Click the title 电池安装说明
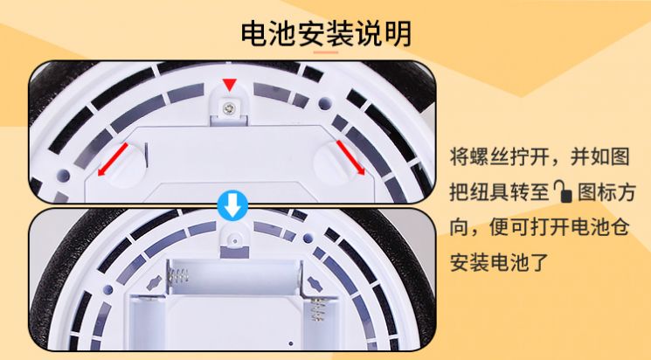326,33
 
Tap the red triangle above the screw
229,84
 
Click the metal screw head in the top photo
228,109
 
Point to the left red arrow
113,159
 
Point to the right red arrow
350,157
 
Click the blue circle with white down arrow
233,205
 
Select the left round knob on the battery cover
125,165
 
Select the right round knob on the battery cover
336,163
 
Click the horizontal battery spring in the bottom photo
177,276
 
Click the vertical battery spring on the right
317,310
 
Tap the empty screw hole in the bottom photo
234,240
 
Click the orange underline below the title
326,52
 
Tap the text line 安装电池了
500,262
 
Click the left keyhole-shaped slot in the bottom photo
155,283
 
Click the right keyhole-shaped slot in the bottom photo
314,284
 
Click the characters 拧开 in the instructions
530,157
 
